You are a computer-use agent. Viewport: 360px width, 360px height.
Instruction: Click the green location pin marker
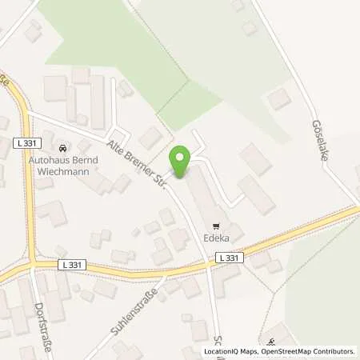(181, 162)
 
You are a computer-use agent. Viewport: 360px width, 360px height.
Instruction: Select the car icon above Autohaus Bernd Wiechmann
(63, 148)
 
